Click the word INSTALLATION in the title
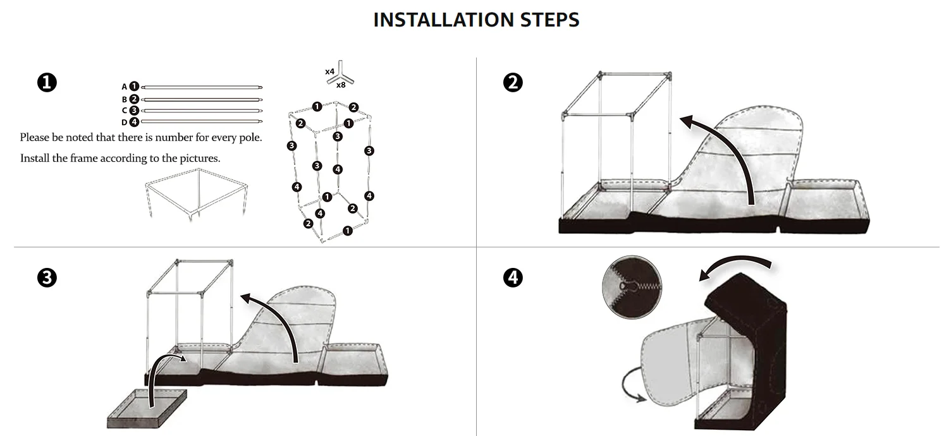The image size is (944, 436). coord(443,20)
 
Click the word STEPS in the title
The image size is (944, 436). coord(550,20)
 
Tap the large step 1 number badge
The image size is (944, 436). coord(47,82)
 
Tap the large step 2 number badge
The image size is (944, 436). coord(513,82)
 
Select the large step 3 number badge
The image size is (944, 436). coord(47,277)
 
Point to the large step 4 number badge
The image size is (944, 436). coord(513,277)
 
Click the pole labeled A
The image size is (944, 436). coord(202,87)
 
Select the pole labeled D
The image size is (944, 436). coord(202,121)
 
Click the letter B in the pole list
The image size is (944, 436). coord(125,99)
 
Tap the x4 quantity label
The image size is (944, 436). coord(329,71)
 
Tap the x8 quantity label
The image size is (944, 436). coord(341,85)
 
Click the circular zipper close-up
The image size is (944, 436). coord(632,287)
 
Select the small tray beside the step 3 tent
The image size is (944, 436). coord(147,408)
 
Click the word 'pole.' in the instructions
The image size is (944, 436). coord(251,138)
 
